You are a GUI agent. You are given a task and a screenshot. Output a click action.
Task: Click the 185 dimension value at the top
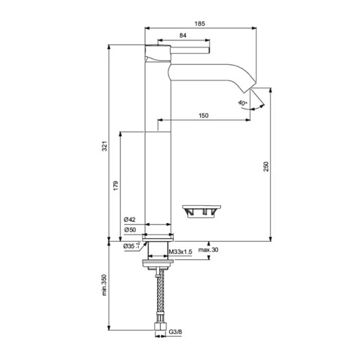coord(199,24)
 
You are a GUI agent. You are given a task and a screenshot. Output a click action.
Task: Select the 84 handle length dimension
coord(183,35)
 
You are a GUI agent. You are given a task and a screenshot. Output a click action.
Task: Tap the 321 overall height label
coord(104,146)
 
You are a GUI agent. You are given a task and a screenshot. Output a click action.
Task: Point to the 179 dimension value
coord(116,186)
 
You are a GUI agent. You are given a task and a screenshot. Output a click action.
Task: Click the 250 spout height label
coord(266,166)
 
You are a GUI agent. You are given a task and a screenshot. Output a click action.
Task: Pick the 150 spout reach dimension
coord(204,115)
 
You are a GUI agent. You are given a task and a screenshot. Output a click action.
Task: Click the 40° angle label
coord(243,103)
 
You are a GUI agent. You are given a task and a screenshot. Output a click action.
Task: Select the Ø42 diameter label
coord(130,220)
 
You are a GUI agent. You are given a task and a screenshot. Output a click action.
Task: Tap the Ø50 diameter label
coord(130,230)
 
